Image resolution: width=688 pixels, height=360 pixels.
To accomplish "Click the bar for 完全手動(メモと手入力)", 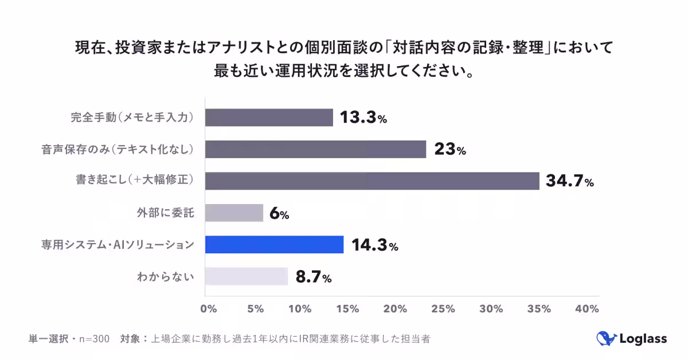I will coord(269,118).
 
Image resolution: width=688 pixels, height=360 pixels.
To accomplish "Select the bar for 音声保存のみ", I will coord(315,150).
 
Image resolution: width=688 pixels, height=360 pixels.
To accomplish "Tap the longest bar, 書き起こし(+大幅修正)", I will coord(372,181).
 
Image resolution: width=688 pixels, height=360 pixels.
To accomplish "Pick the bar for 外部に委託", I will coord(234,213).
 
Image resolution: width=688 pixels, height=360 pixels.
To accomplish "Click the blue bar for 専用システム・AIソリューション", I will coord(274,245).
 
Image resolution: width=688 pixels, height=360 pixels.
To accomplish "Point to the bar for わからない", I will coord(246,276).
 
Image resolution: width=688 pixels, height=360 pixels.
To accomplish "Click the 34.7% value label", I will coord(569,182).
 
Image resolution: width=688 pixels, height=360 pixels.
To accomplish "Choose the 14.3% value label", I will coord(374,245).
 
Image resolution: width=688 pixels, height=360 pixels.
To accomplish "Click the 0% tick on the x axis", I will coord(208,309).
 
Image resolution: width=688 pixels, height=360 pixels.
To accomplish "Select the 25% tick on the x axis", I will coord(444,309).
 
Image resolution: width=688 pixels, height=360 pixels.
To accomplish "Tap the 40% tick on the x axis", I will coord(586,309).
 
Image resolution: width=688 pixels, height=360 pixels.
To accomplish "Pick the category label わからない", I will coord(166,277).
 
